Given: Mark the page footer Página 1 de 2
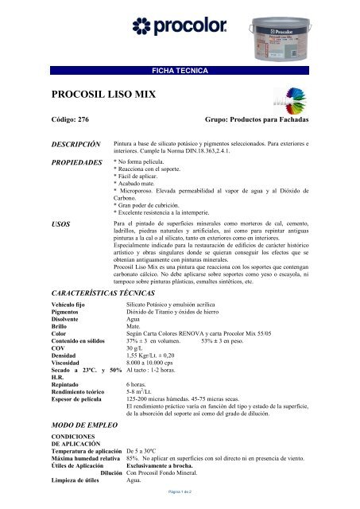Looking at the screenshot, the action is point(180,494).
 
